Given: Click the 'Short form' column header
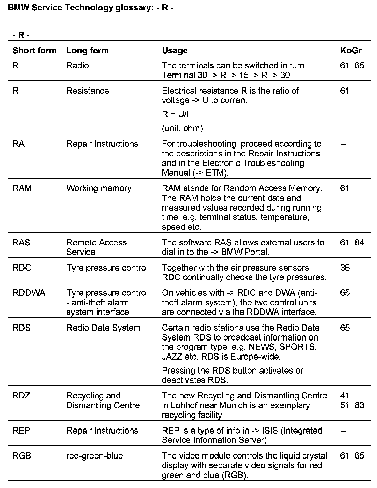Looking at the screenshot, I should click(x=34, y=50).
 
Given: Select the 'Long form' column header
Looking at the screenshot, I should click(x=88, y=50).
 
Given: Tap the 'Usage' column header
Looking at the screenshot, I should click(x=175, y=50).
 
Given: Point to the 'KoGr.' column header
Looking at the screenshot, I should click(x=352, y=50).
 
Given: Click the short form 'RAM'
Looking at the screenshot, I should click(x=22, y=188).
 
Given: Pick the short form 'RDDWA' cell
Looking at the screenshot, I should click(x=29, y=293).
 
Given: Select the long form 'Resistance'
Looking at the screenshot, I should click(x=88, y=91).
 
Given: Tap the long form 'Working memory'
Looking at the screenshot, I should click(x=99, y=188).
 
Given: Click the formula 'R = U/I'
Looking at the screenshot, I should click(x=175, y=114).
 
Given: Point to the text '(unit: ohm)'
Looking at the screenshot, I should click(x=182, y=128).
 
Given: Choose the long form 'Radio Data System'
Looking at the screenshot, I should click(x=103, y=328).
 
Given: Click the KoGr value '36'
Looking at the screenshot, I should click(x=345, y=268).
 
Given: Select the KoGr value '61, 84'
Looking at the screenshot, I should click(x=352, y=242).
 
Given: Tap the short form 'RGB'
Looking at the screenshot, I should click(x=22, y=456).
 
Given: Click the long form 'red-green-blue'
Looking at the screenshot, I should click(x=95, y=456).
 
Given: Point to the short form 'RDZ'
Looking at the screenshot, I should click(x=21, y=396).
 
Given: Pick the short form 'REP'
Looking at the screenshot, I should click(x=21, y=431).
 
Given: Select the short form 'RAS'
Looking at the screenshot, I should click(x=21, y=242).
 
